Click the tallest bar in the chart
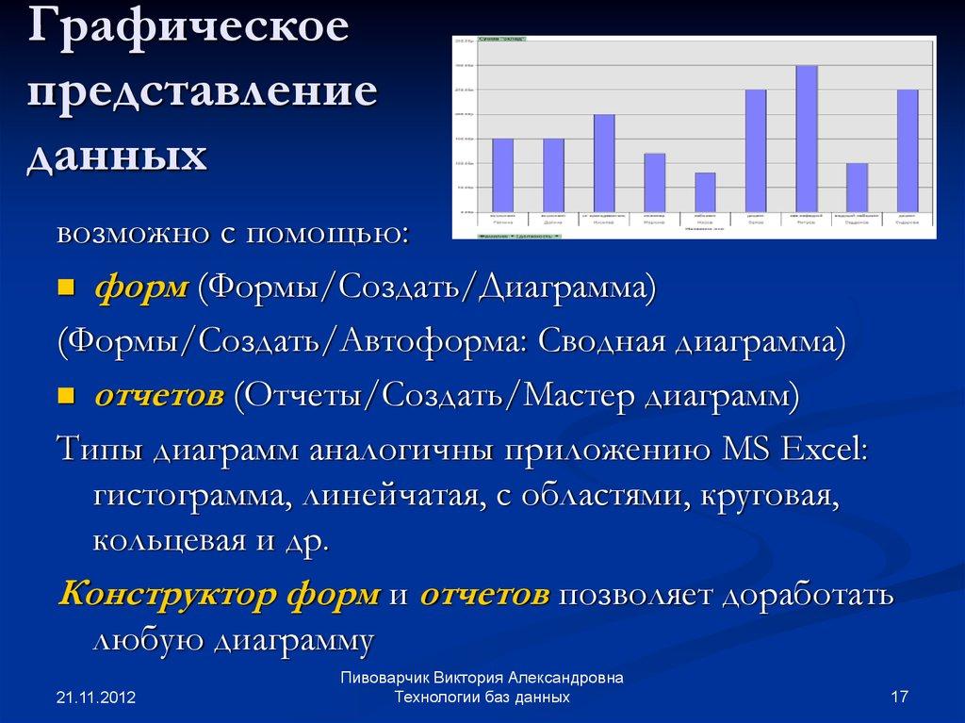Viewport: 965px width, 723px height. [806, 139]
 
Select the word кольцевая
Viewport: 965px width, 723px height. [161, 542]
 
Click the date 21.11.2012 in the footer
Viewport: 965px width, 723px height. [96, 698]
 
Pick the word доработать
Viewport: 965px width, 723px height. [808, 595]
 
